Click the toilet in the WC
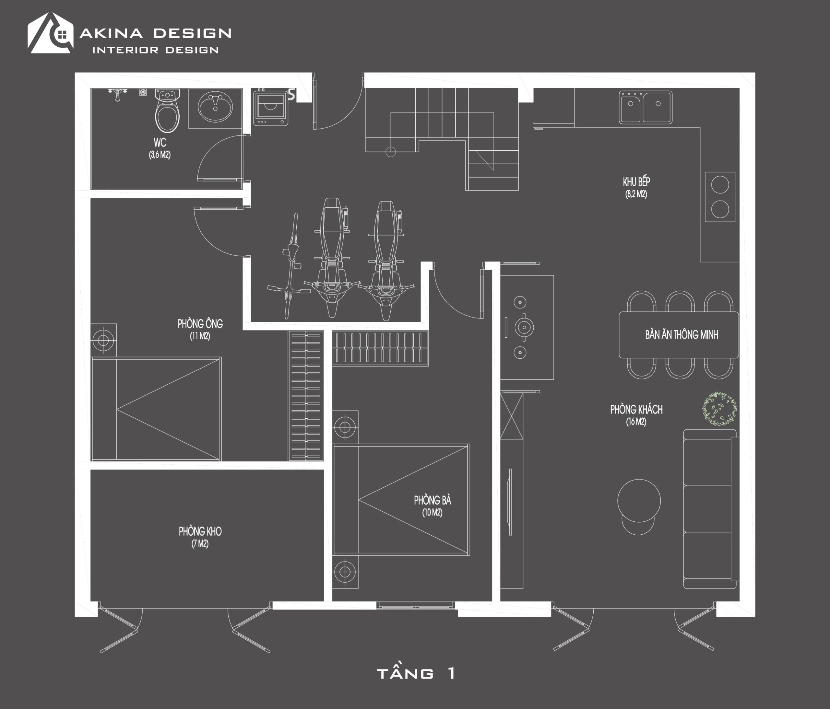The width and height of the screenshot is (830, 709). click(x=167, y=111)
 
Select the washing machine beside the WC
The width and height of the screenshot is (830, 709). click(x=270, y=108)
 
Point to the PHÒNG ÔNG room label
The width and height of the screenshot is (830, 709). click(x=200, y=323)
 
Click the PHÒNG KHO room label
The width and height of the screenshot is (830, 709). click(x=200, y=531)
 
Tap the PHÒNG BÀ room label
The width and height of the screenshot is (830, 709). click(x=432, y=500)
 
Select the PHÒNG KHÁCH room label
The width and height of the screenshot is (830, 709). click(x=636, y=409)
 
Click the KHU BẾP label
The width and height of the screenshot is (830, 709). click(x=636, y=182)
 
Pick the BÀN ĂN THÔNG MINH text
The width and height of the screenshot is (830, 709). click(x=682, y=335)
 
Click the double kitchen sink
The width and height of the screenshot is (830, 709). click(x=645, y=107)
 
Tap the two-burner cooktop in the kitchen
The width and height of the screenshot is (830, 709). click(x=720, y=197)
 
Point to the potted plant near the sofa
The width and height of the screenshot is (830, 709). click(x=719, y=409)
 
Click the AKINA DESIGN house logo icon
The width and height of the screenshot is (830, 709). click(x=51, y=33)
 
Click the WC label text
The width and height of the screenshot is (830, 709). click(x=160, y=142)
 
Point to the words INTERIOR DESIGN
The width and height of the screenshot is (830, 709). click(x=155, y=50)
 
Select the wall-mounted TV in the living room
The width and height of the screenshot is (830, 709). click(x=510, y=502)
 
